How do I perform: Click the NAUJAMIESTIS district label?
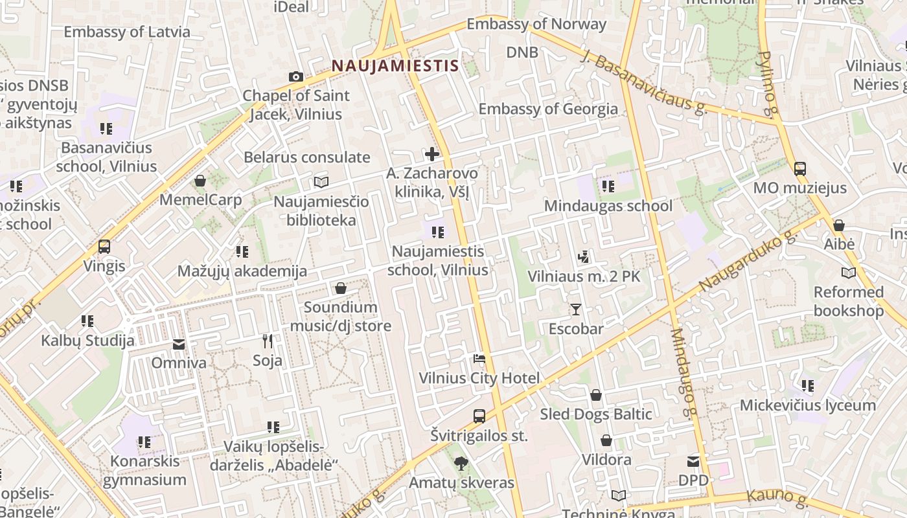(395, 65)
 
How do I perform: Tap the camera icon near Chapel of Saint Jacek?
(295, 77)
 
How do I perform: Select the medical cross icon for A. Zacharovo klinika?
(431, 154)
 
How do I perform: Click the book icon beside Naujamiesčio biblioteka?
(321, 182)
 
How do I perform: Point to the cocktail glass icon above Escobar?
(575, 310)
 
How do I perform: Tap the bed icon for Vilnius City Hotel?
(479, 359)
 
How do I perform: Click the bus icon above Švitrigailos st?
(479, 416)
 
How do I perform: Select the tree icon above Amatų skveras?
(461, 463)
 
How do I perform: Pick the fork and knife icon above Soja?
(267, 341)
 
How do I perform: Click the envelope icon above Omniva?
(179, 344)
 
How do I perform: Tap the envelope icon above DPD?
(693, 462)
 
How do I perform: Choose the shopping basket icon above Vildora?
(606, 441)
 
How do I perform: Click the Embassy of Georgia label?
(548, 108)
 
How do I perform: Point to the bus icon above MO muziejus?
(799, 169)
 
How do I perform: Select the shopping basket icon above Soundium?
(340, 288)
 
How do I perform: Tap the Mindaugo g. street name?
(684, 374)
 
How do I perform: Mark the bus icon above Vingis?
(104, 247)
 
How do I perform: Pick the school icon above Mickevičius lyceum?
(807, 386)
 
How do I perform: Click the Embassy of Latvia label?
(127, 32)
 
